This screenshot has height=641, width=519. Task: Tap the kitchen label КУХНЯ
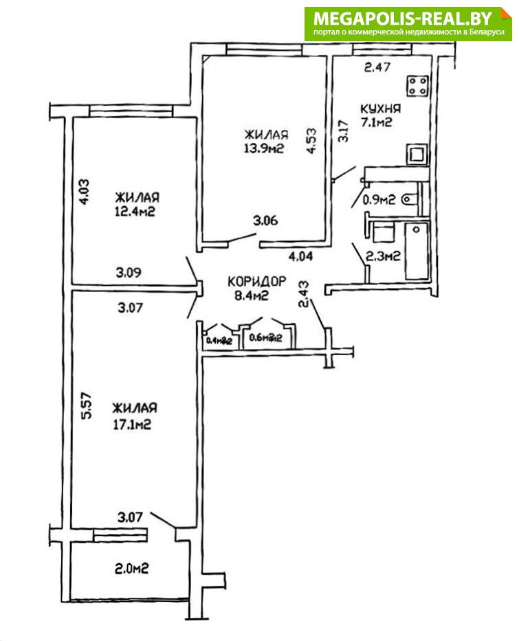pyautogui.click(x=381, y=109)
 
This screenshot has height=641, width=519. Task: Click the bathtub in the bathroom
pyautogui.click(x=417, y=251)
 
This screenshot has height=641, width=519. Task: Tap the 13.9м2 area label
pyautogui.click(x=264, y=148)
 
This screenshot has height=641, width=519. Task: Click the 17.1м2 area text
pyautogui.click(x=132, y=424)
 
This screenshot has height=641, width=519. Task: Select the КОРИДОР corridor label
pyautogui.click(x=256, y=281)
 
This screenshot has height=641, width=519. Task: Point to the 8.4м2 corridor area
pyautogui.click(x=248, y=296)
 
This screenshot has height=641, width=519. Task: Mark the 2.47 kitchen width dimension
pyautogui.click(x=378, y=67)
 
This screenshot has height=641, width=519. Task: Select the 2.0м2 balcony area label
pyautogui.click(x=132, y=568)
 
